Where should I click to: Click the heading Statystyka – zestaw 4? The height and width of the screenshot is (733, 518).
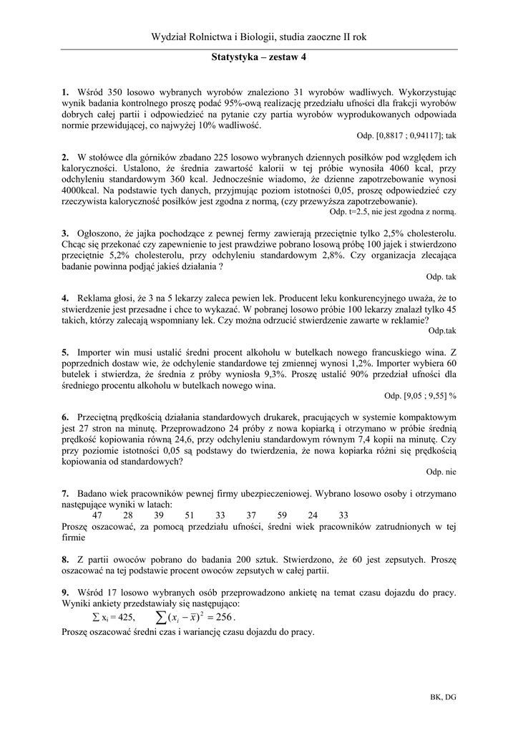pos(259,61)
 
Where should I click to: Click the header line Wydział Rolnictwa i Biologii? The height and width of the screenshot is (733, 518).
pos(259,37)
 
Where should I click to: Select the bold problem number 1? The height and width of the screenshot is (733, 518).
pos(64,92)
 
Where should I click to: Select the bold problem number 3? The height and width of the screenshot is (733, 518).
pos(64,233)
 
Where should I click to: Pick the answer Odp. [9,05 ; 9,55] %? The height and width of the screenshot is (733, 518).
pos(420,395)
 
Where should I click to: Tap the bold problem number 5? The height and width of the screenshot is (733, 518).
pos(64,352)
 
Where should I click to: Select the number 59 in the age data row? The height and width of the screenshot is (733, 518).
pos(281,515)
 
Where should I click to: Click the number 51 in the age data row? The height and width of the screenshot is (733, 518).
pos(190,515)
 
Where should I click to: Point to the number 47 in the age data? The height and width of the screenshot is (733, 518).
pos(98,515)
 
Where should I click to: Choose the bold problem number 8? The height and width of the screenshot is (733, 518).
pos(64,559)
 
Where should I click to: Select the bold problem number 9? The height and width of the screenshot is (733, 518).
pos(64,592)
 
